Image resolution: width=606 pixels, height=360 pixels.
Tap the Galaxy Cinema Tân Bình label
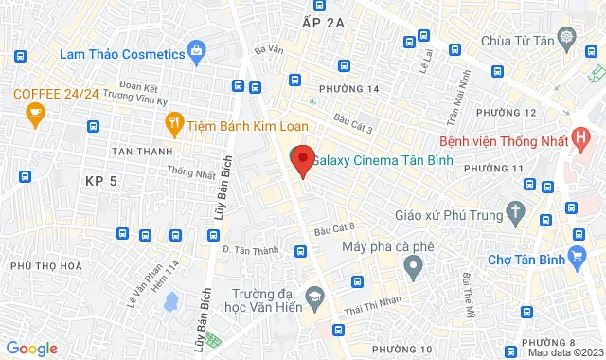click(x=382, y=160)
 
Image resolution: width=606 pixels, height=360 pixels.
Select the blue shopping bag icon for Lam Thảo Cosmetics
click(x=196, y=49)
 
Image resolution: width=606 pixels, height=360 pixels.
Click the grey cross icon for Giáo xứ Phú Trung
click(x=515, y=210)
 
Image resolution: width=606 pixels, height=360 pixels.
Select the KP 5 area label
click(x=99, y=180)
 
